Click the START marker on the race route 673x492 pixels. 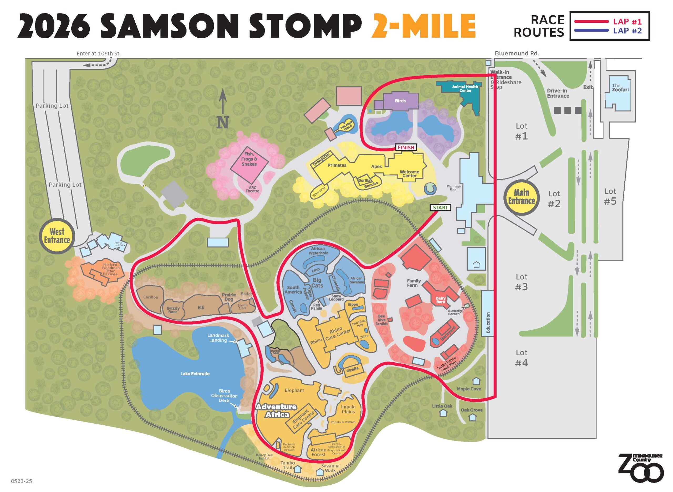coord(440,208)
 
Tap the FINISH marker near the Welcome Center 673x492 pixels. coord(406,147)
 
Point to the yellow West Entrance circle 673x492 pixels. coord(57,236)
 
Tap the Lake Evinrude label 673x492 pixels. coord(195,374)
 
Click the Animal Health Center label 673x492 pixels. coord(465,88)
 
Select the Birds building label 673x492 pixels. coord(400,101)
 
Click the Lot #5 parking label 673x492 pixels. coord(610,197)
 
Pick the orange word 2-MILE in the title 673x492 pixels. coord(423,26)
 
